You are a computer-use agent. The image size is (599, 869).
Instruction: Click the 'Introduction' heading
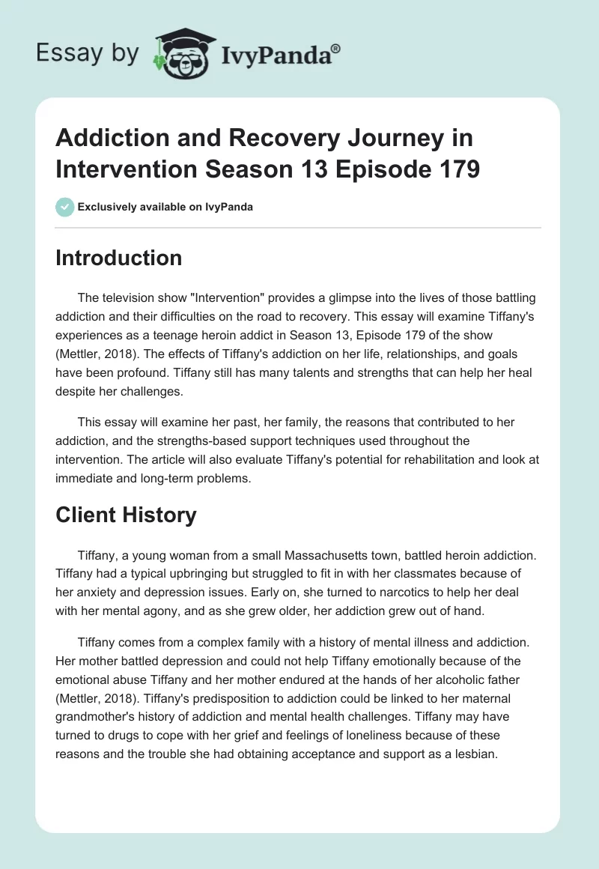pyautogui.click(x=119, y=258)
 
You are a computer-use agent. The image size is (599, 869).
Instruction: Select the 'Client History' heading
pyautogui.click(x=126, y=515)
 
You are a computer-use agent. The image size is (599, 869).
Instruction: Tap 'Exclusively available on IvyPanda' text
pyautogui.click(x=164, y=207)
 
